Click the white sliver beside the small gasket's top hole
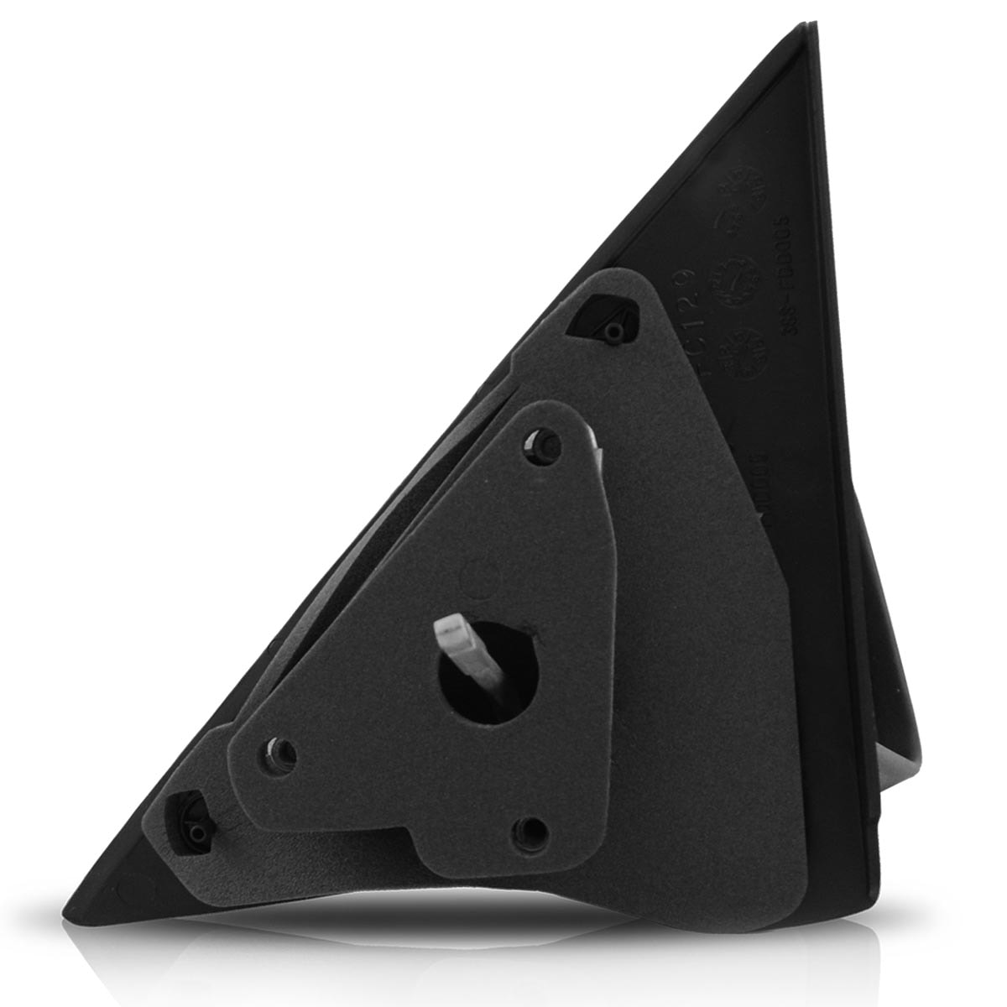(x=594, y=436)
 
